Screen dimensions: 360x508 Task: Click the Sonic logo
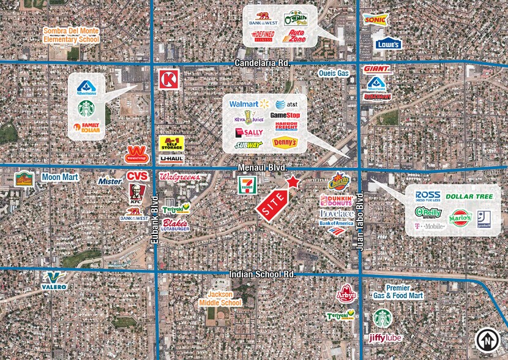pyautogui.click(x=374, y=20)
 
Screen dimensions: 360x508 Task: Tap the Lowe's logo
pyautogui.click(x=389, y=44)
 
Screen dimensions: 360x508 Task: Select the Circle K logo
pyautogui.click(x=168, y=79)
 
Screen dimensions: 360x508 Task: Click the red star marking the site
pyautogui.click(x=293, y=182)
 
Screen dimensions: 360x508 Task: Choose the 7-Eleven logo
pyautogui.click(x=247, y=184)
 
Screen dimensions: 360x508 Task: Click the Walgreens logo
pyautogui.click(x=179, y=177)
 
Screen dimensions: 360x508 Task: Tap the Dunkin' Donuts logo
pyautogui.click(x=336, y=200)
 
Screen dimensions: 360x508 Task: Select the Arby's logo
pyautogui.click(x=347, y=294)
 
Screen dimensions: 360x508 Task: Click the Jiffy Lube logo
pyautogui.click(x=385, y=337)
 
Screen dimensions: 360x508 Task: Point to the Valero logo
pyautogui.click(x=54, y=280)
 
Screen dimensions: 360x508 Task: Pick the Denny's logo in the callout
pyautogui.click(x=285, y=143)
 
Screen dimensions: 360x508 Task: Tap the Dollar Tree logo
pyautogui.click(x=469, y=196)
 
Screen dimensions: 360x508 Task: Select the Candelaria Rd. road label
pyautogui.click(x=262, y=63)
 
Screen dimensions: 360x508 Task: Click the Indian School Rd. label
pyautogui.click(x=262, y=275)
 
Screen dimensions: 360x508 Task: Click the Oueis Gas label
pyautogui.click(x=333, y=73)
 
